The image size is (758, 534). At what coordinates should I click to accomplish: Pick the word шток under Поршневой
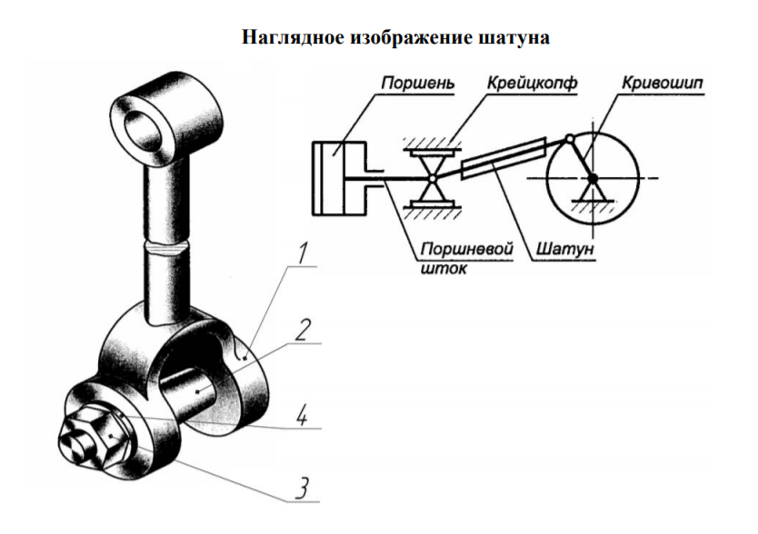click(441, 268)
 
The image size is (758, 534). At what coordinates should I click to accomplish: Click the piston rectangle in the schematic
click(334, 177)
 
